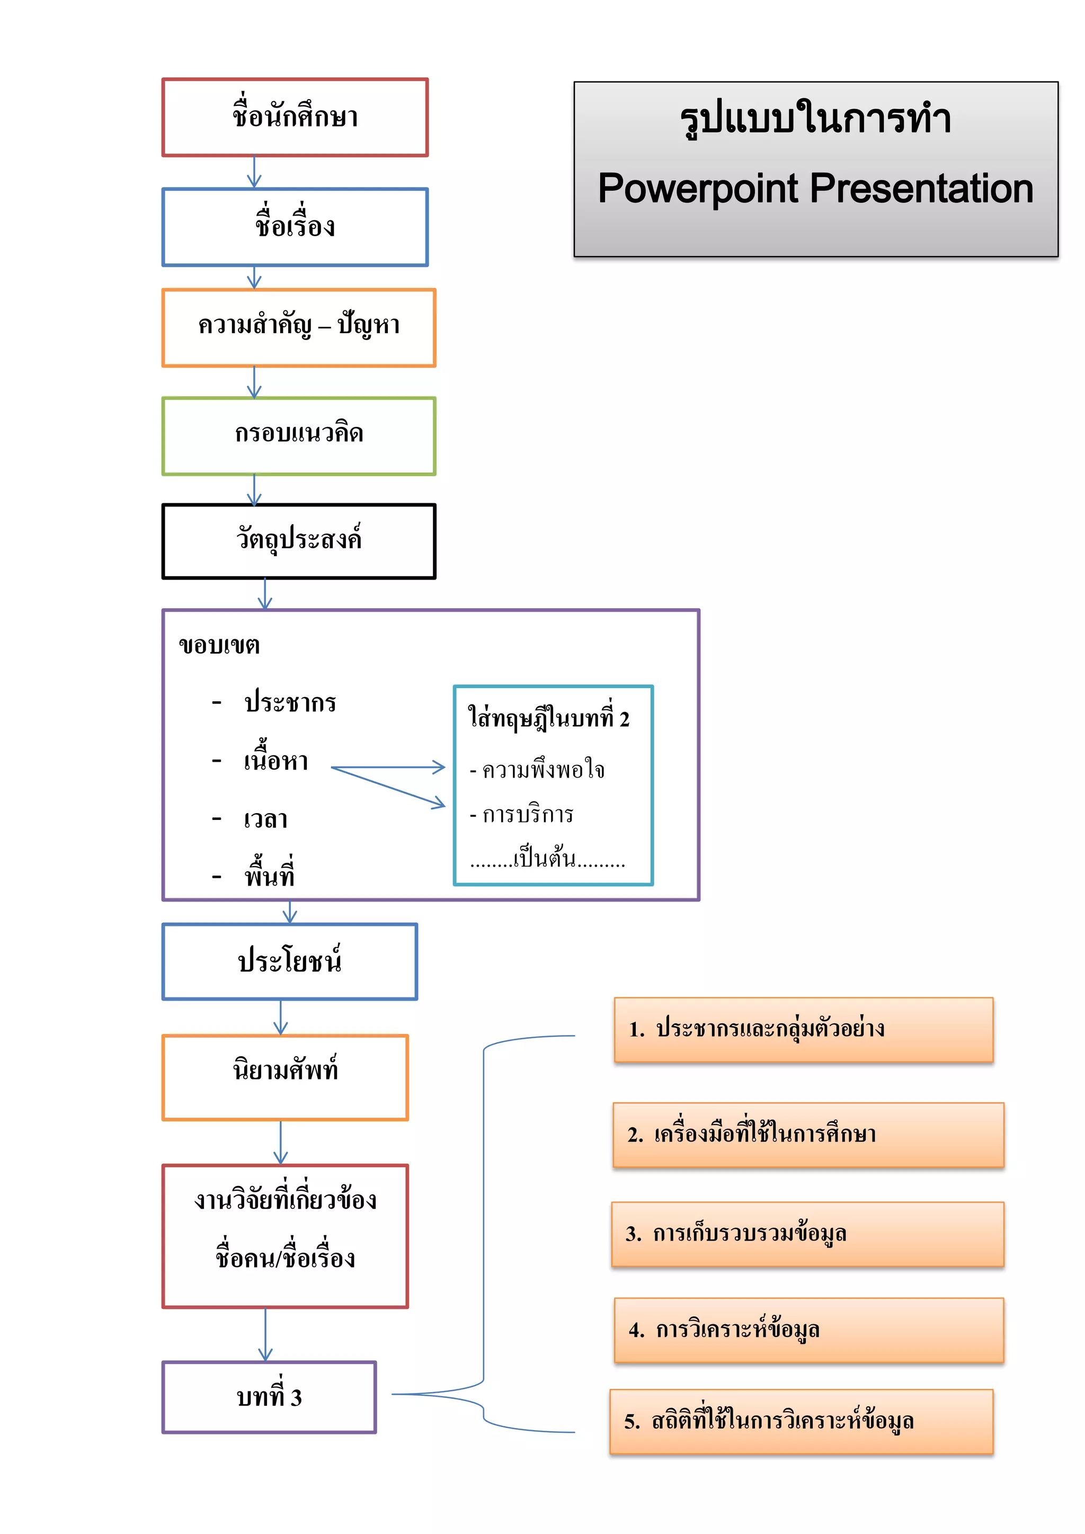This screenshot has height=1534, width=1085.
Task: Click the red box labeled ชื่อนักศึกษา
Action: (x=295, y=118)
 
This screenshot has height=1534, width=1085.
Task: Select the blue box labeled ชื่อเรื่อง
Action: (x=295, y=227)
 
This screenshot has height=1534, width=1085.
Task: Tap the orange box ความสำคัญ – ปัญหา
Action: (x=299, y=327)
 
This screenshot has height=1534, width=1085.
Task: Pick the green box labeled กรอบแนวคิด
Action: (x=299, y=435)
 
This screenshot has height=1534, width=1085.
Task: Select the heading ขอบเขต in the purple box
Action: (x=219, y=645)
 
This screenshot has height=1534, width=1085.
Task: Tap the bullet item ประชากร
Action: (x=290, y=703)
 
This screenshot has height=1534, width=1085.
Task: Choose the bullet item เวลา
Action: (x=266, y=819)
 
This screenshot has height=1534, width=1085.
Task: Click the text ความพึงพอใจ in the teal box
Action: (x=542, y=770)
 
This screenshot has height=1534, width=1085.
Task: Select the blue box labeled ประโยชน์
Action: (x=289, y=961)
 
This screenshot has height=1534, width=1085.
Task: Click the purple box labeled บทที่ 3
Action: (x=269, y=1397)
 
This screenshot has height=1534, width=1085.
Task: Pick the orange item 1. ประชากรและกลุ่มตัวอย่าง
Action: (x=803, y=1030)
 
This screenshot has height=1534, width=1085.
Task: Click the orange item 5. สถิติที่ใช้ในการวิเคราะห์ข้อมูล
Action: (x=801, y=1421)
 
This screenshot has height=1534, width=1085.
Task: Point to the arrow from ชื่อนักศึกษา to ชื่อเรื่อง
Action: (x=254, y=172)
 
